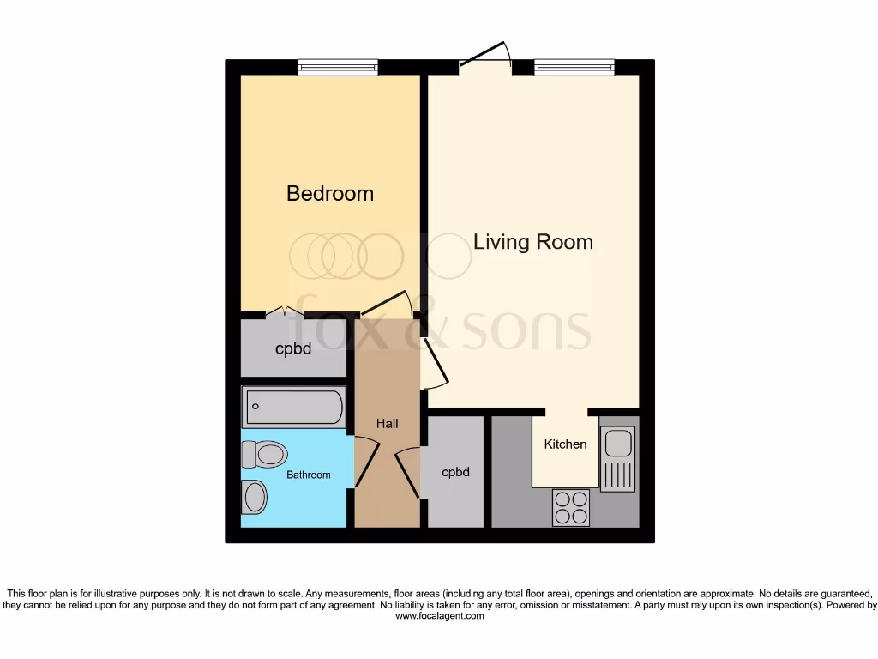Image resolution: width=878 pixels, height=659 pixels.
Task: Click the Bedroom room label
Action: click(329, 193)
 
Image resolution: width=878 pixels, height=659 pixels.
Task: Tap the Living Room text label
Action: click(532, 242)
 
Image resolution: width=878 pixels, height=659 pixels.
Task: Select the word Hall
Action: click(387, 424)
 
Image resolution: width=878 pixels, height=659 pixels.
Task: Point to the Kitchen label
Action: click(565, 444)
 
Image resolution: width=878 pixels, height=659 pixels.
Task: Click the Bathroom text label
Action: click(308, 475)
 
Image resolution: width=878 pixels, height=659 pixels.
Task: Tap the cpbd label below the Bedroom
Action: click(292, 349)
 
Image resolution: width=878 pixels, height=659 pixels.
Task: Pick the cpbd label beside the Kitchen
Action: click(455, 472)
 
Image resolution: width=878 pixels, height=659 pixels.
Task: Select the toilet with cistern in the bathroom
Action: click(263, 454)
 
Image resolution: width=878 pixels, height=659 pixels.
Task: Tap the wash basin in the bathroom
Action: click(255, 496)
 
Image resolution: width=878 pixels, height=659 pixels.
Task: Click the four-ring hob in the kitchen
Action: click(570, 507)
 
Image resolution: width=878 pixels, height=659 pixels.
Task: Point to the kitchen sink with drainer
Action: click(616, 458)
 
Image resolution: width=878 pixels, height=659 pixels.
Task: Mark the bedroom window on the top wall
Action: click(338, 67)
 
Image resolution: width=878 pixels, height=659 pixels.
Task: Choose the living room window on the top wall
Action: click(574, 67)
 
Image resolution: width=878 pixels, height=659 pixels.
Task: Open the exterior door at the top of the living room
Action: click(485, 57)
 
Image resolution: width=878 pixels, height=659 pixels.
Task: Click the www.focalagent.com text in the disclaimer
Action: click(439, 616)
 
